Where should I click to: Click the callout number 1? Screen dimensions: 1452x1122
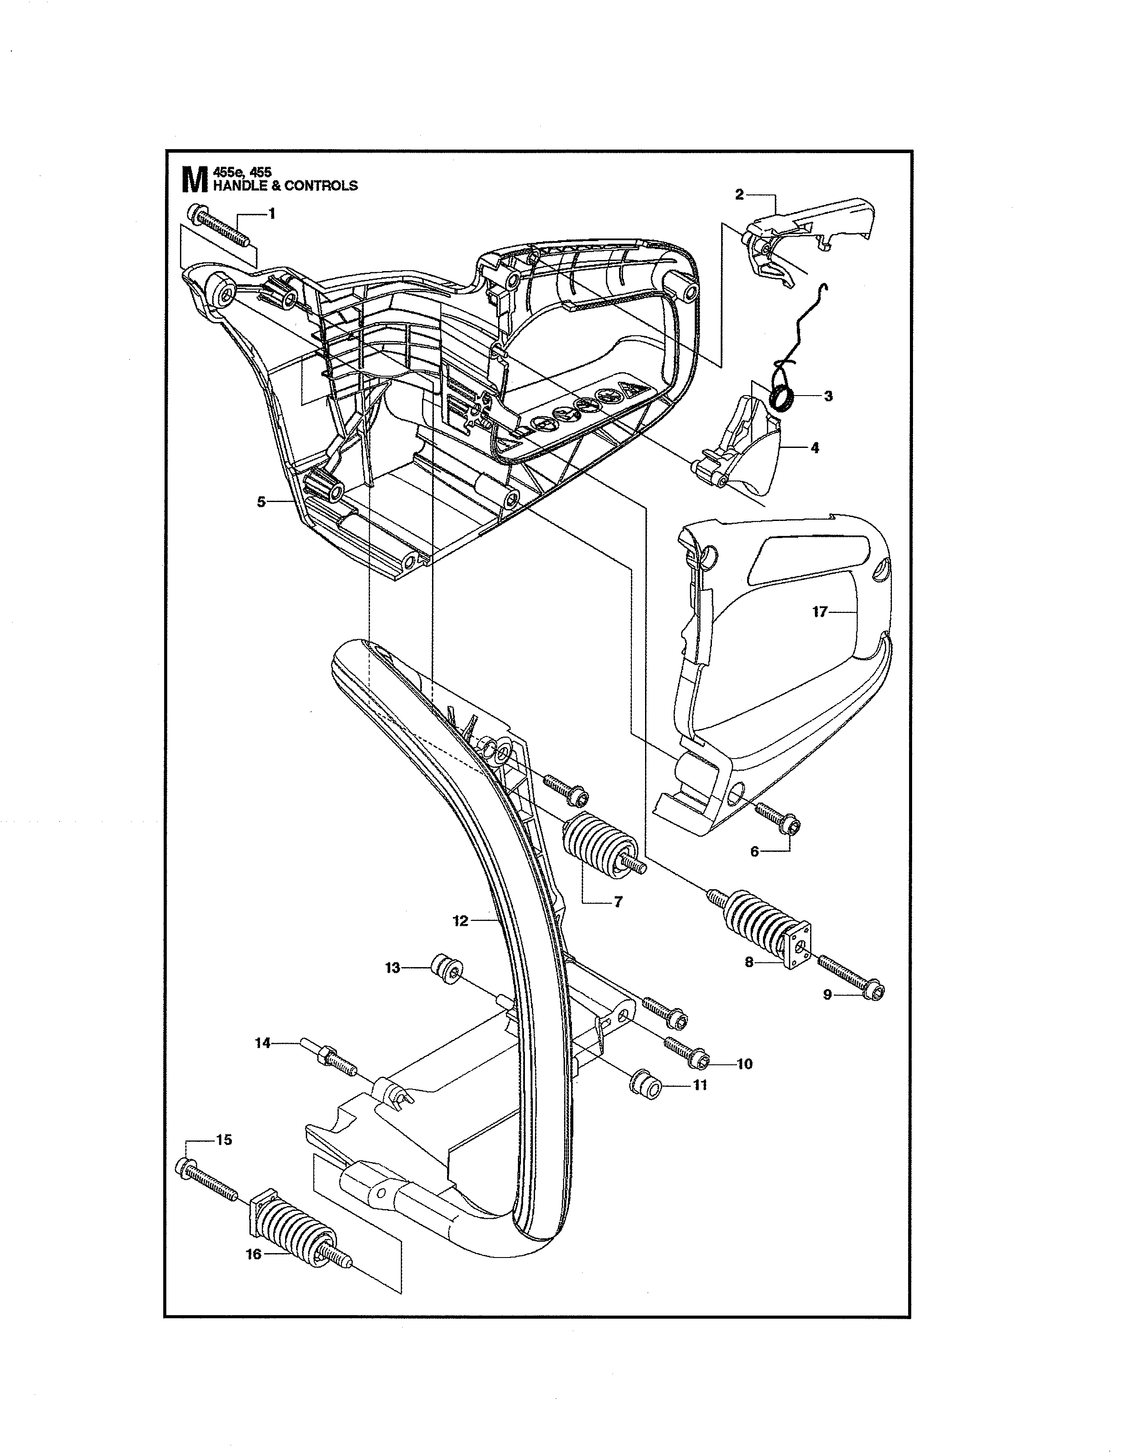pyautogui.click(x=271, y=214)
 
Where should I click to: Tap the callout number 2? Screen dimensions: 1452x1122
pyautogui.click(x=739, y=194)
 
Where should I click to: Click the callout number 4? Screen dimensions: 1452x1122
pyautogui.click(x=814, y=447)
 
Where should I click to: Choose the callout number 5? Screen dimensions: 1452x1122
pyautogui.click(x=261, y=502)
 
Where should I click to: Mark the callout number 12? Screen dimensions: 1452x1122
pyautogui.click(x=460, y=921)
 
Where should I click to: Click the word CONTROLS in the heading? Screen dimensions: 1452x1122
pyautogui.click(x=321, y=186)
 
